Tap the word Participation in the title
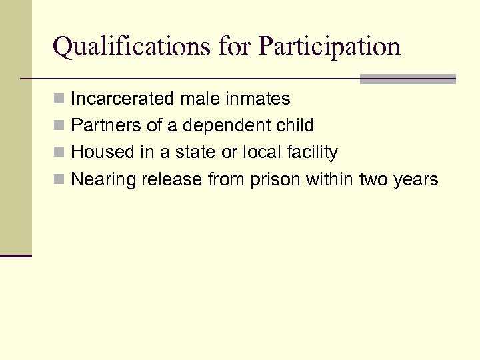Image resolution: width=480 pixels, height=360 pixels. tap(329, 47)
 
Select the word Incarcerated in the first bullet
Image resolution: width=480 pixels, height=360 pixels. tap(123, 99)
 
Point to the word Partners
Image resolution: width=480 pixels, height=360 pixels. tap(103, 125)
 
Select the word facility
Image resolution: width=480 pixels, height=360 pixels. tap(313, 153)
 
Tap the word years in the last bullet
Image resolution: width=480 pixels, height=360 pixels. tap(416, 179)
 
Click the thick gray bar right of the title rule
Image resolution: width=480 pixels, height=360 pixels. tap(407, 79)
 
